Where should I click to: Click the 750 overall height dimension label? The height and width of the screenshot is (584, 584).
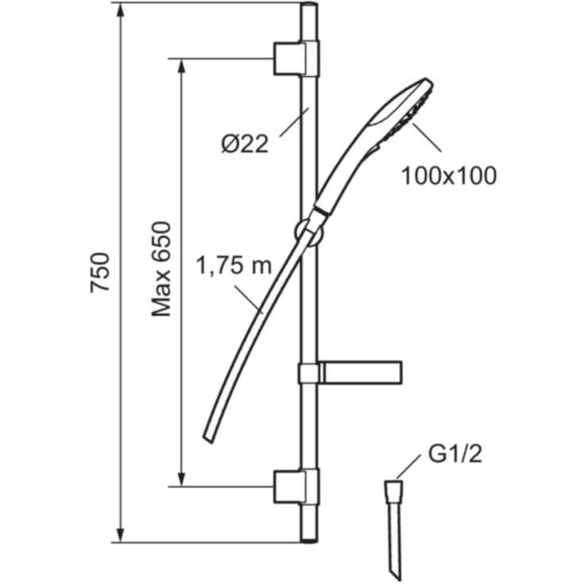coord(100,273)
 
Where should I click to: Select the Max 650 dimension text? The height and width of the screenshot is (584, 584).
coord(161,269)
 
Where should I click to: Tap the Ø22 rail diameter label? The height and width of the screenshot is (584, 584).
coord(245,144)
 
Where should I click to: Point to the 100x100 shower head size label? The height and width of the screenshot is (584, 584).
coord(449,176)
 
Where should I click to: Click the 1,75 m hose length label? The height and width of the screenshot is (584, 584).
coord(234,265)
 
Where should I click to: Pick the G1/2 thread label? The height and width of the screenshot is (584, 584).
coord(455,454)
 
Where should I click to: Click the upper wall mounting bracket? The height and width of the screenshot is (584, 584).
coord(296,59)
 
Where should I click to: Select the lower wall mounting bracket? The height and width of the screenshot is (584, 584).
coord(296,486)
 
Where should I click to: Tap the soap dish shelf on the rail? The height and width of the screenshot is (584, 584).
coord(350,372)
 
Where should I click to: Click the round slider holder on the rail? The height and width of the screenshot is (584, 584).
coord(310,233)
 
